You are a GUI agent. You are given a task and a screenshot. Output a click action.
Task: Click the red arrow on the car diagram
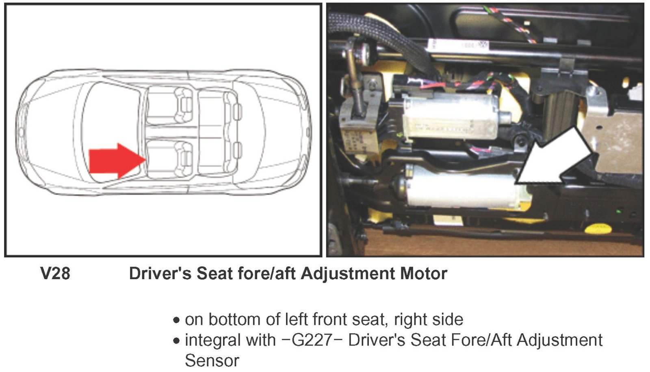[116, 161]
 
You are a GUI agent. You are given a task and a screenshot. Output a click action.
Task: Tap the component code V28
[55, 274]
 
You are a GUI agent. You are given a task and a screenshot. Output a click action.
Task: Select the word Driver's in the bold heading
[160, 274]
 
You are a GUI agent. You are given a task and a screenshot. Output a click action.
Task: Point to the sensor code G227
[311, 340]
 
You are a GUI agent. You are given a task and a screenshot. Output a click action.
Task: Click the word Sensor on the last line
[212, 361]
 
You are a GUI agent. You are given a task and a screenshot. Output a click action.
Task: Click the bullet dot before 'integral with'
[176, 341]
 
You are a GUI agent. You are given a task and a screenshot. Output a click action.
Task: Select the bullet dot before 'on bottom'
[176, 320]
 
